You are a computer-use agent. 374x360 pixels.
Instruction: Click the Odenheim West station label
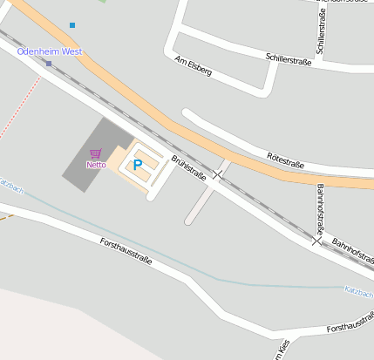(x=49, y=51)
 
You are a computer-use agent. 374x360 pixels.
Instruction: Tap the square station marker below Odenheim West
(x=49, y=64)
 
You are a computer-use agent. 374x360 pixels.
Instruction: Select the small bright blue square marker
(x=72, y=25)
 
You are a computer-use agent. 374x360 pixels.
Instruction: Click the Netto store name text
(x=96, y=164)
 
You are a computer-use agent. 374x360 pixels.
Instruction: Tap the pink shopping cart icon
(x=95, y=153)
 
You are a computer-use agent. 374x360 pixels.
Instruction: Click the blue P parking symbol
(x=137, y=164)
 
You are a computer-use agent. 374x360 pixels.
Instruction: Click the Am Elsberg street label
(x=194, y=66)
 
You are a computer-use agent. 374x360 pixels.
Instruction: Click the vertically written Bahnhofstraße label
(x=320, y=210)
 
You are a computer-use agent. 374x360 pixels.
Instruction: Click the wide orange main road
(x=174, y=122)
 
